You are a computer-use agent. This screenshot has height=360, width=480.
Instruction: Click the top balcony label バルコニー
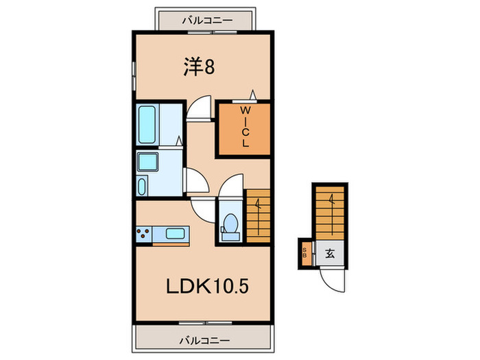point(206,21)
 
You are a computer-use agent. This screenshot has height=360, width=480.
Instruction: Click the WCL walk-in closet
point(245,129)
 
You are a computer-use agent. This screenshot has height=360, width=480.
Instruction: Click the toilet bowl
point(231,224)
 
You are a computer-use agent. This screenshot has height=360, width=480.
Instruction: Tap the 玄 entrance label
point(329,253)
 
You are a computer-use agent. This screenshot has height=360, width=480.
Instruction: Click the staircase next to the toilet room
point(258,216)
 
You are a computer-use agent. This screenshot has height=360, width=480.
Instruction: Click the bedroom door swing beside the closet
point(201,110)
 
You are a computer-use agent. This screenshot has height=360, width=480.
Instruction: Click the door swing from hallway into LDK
point(202,208)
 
